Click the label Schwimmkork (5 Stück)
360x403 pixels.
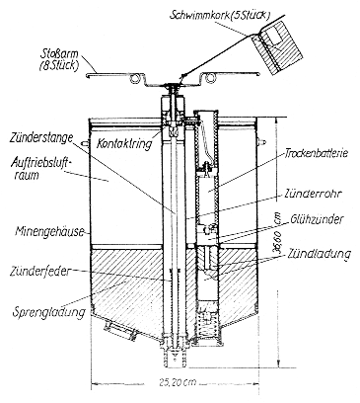coord(220,16)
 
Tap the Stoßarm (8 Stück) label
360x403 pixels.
coord(59,59)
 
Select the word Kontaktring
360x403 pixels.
coord(124,143)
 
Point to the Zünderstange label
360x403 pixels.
coord(40,137)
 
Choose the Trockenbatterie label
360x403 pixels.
coord(317,153)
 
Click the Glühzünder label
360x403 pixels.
coord(317,219)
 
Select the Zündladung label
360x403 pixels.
coord(320,254)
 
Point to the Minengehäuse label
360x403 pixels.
coord(49,232)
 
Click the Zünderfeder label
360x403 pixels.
coord(40,272)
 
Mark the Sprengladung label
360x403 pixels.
coord(48,312)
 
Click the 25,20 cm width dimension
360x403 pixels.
coord(179,382)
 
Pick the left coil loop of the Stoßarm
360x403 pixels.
coord(135,78)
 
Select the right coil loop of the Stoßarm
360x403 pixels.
coord(209,78)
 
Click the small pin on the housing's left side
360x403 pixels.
coord(86,143)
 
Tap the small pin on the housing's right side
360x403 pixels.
coord(262,141)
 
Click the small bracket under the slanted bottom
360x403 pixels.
coord(119,331)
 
